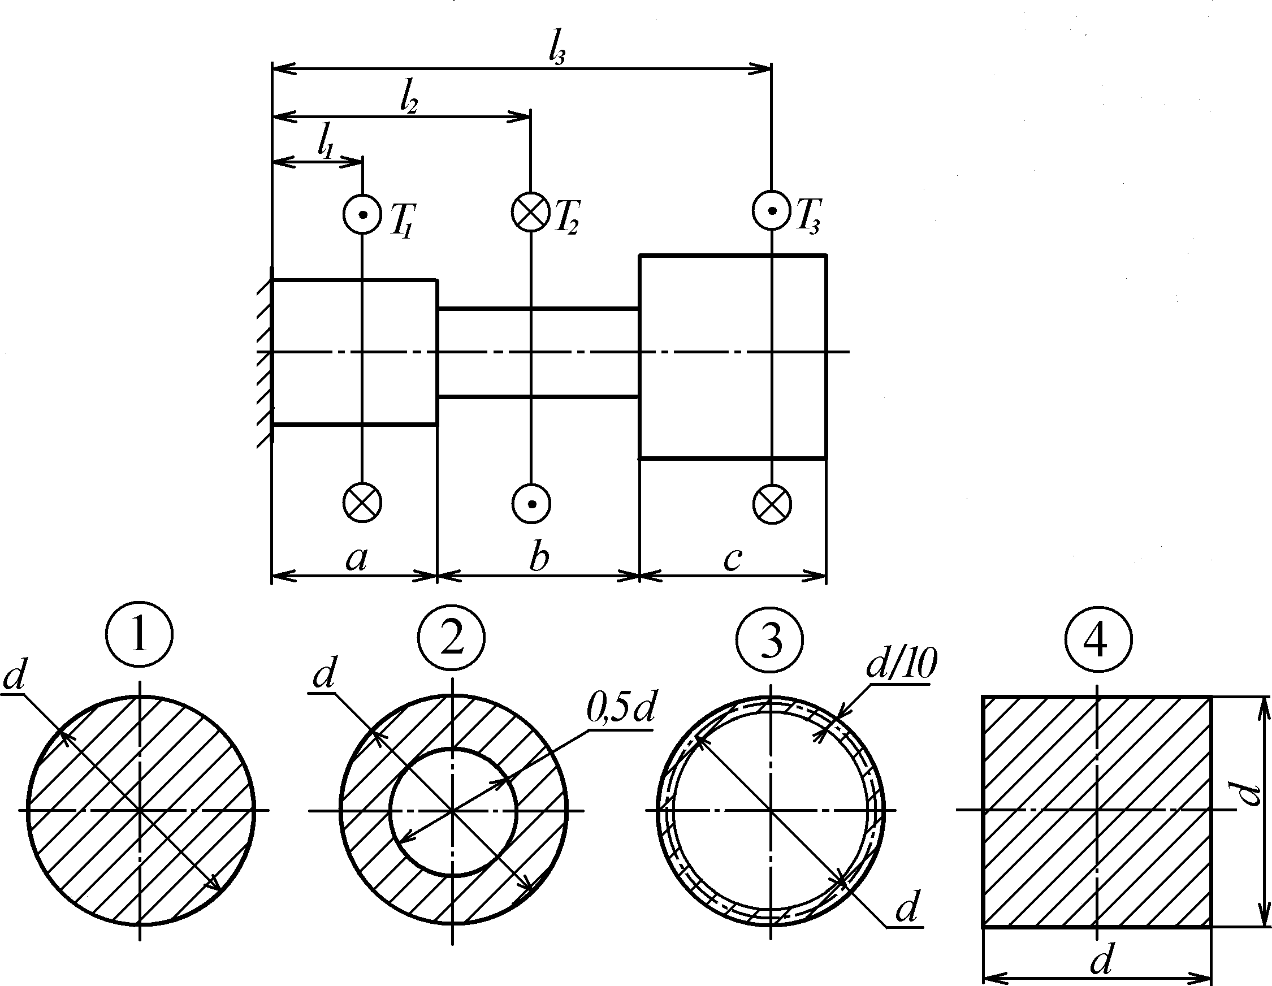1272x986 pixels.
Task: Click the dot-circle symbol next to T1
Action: [x=362, y=214]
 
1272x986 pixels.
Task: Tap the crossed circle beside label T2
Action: [x=531, y=211]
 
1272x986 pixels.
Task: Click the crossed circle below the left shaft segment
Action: [x=362, y=503]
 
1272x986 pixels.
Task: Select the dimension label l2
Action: [x=409, y=101]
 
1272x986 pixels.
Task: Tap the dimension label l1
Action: [x=326, y=143]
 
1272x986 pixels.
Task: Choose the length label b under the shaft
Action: [x=539, y=558]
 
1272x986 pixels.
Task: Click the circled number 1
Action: [x=140, y=635]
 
